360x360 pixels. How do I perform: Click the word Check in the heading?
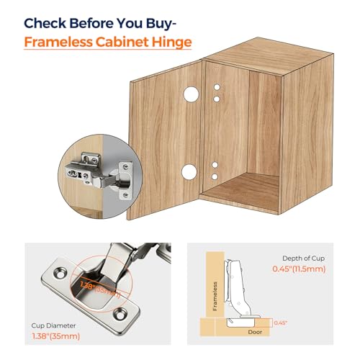click(49, 21)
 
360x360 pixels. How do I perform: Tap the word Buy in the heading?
click(174, 21)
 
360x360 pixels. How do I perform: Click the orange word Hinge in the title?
click(172, 42)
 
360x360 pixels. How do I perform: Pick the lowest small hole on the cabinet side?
click(215, 176)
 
